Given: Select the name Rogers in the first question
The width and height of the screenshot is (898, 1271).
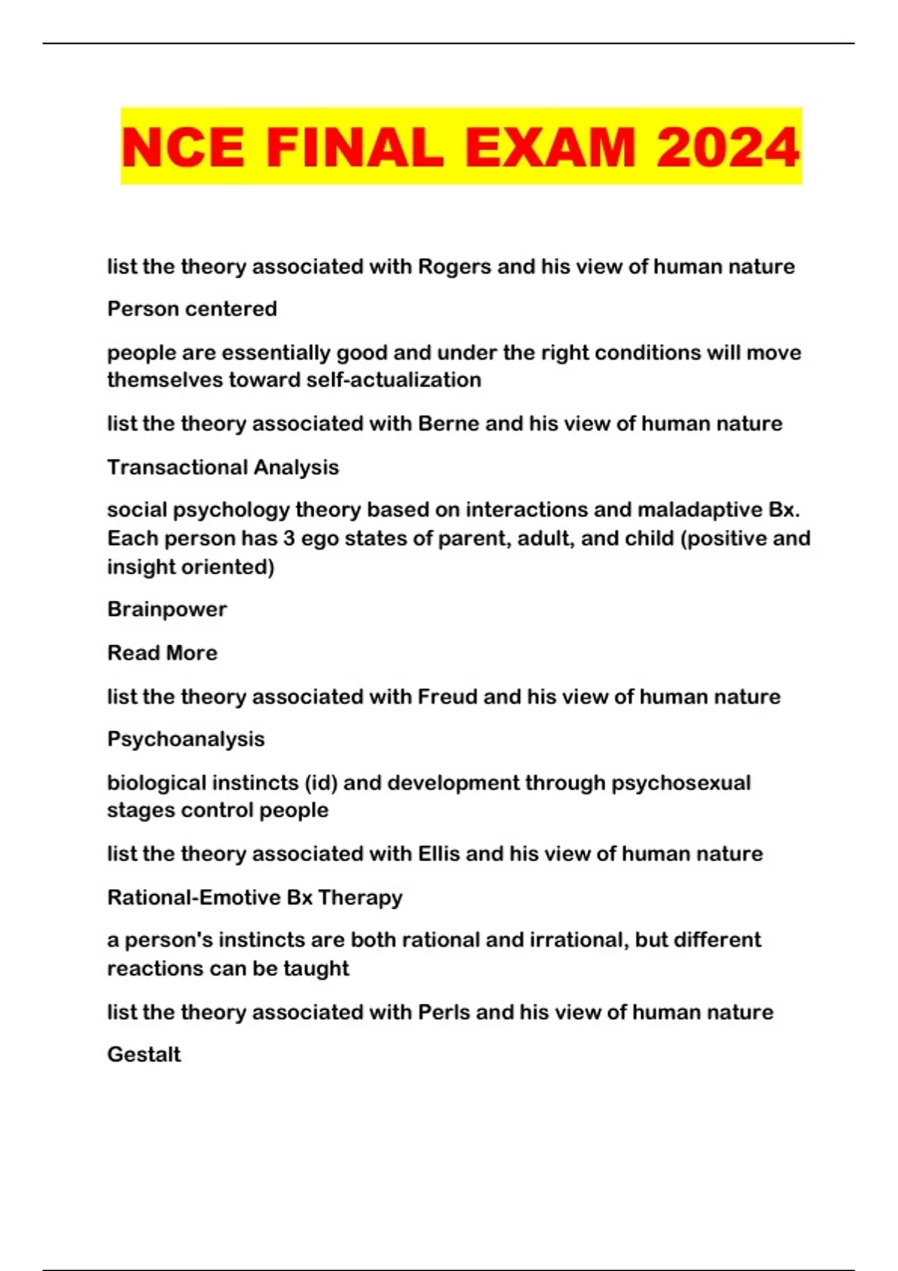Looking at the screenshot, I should click(454, 267).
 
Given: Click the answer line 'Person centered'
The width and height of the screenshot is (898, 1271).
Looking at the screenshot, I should click(192, 309).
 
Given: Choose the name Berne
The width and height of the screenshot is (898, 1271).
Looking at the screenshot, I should click(448, 424).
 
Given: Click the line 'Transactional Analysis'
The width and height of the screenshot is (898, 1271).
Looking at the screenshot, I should click(223, 467).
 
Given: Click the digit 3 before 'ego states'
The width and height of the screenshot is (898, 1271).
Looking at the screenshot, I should click(289, 538).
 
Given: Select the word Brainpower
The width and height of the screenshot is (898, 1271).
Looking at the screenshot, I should click(167, 609).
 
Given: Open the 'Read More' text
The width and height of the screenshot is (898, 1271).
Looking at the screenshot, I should click(162, 653).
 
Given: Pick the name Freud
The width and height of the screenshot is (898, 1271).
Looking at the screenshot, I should click(447, 697).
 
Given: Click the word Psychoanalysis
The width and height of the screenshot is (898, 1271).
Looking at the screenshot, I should click(186, 739).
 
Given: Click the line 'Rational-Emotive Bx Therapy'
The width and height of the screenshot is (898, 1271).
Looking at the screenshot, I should click(254, 897).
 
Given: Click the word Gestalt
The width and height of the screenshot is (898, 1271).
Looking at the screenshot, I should click(144, 1055).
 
